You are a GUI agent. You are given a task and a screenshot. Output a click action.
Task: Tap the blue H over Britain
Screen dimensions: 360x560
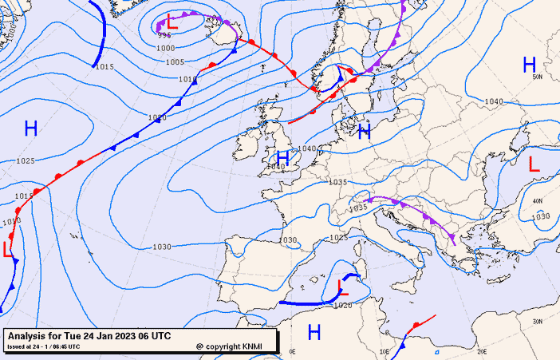282,157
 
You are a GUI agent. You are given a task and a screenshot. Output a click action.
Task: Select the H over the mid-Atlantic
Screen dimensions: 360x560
31,128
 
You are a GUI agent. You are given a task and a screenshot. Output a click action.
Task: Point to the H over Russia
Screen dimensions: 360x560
529,65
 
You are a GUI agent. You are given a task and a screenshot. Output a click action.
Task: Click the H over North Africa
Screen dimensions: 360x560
314,332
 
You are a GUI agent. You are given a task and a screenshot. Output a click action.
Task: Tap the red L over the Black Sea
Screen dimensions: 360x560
534,164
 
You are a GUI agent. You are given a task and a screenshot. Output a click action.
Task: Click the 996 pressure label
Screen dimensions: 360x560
164,35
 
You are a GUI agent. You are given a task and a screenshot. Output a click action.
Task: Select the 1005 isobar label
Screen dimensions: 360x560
175,61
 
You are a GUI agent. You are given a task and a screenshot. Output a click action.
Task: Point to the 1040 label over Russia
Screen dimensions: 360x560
494,101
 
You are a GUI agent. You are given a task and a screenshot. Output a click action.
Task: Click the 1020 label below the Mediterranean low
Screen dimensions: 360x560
342,305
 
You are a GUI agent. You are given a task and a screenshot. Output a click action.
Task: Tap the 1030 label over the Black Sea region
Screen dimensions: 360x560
541,216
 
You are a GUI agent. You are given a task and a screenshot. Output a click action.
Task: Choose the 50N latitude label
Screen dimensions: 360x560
537,77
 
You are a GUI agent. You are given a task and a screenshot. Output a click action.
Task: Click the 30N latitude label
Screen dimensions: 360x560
537,321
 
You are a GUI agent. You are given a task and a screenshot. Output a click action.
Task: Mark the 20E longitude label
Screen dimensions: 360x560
481,350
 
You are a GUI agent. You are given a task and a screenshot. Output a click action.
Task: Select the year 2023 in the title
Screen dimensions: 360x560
125,335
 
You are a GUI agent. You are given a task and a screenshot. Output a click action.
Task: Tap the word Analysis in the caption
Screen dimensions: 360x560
30,335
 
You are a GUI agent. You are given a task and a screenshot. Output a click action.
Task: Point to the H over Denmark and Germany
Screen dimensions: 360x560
365,132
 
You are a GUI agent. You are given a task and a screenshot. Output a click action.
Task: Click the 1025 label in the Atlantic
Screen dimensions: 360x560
25,161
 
